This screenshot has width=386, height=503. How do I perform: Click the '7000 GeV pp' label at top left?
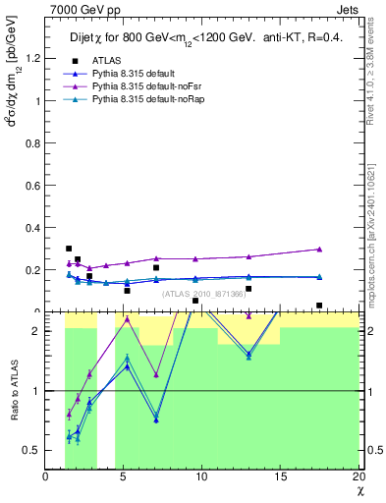[x=79, y=9]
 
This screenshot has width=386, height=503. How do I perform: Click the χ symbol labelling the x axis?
[x=358, y=490]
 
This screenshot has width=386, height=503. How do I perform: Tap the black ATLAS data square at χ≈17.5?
[x=319, y=306]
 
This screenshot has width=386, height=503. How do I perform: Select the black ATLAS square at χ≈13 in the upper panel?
[x=248, y=289]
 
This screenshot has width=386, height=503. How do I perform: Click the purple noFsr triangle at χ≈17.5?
[x=319, y=250]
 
